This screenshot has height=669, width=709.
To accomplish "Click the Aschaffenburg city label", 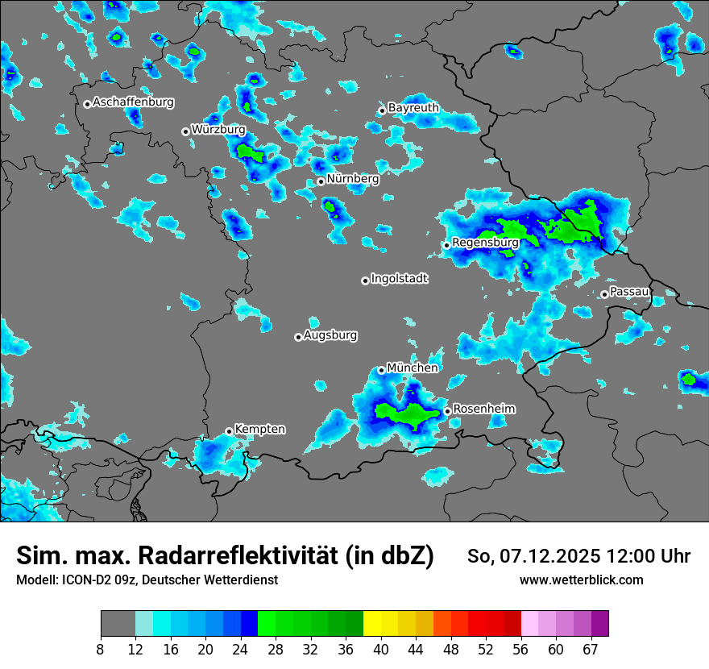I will [x=133, y=102].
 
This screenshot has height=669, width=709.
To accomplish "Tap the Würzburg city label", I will [x=218, y=129].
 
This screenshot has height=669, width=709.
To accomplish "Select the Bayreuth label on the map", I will [x=413, y=107].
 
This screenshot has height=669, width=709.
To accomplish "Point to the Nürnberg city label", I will [x=353, y=178].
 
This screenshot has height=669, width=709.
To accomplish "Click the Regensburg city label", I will [x=485, y=242].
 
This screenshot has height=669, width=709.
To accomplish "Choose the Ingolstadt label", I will [x=400, y=278].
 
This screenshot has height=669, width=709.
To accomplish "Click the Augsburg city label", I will [x=330, y=334].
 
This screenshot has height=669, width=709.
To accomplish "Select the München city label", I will [x=413, y=368].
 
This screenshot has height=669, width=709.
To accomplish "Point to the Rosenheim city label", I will [x=484, y=409].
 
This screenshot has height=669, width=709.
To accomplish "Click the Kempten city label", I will [x=259, y=429].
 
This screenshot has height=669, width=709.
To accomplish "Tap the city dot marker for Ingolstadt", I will [x=365, y=280].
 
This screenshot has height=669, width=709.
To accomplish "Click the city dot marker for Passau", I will [x=604, y=294].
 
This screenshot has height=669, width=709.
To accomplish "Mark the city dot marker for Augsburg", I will [x=298, y=337].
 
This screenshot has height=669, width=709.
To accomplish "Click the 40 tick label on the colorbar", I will [x=381, y=650].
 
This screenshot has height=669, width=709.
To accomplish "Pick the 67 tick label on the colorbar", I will [x=590, y=650].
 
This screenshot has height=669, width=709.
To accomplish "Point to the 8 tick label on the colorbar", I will [x=101, y=650].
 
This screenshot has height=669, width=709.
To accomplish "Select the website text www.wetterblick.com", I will [x=582, y=580].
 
